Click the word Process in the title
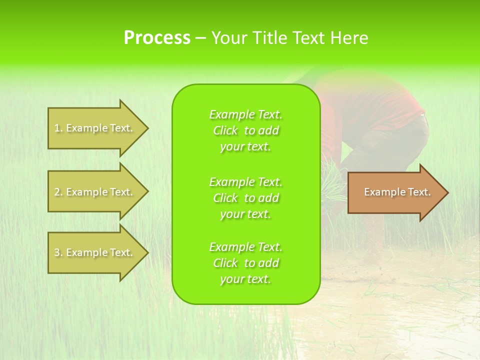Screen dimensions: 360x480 point(157,38)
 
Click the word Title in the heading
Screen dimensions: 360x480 point(270,38)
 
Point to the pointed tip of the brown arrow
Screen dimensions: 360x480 point(447,192)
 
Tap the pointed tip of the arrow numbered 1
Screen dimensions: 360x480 point(147,128)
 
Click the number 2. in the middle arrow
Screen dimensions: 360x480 point(58,192)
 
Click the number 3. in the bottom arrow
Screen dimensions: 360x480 point(58,252)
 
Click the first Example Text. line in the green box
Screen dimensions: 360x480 point(245,114)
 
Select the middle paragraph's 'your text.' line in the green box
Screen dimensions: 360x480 point(245,214)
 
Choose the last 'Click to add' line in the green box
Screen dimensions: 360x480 point(245,263)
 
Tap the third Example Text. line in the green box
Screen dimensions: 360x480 point(245,247)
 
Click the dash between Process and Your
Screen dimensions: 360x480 point(201,38)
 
